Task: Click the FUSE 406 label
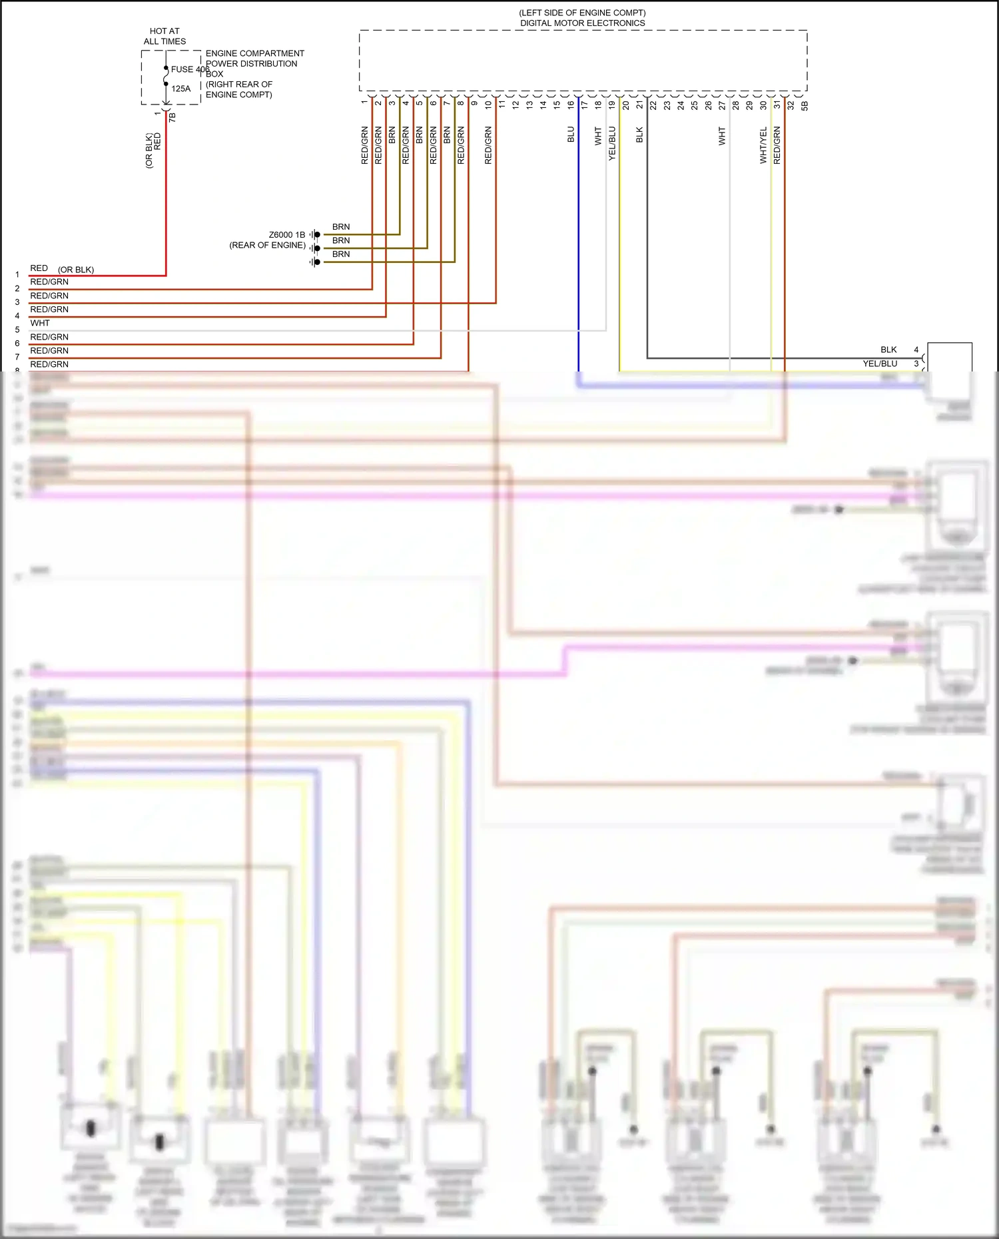pyautogui.click(x=190, y=69)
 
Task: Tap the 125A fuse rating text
pyautogui.click(x=180, y=89)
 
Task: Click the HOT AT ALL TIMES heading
pyautogui.click(x=165, y=36)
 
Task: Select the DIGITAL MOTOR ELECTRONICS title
pyautogui.click(x=582, y=23)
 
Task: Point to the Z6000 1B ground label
pyautogui.click(x=286, y=235)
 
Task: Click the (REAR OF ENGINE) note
pyautogui.click(x=267, y=246)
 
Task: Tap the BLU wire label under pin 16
pyautogui.click(x=571, y=134)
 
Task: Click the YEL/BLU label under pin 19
pyautogui.click(x=612, y=143)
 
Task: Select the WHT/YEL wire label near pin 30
pyautogui.click(x=763, y=145)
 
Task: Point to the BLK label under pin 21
pyautogui.click(x=639, y=134)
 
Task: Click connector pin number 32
pyautogui.click(x=791, y=105)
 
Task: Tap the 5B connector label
pyautogui.click(x=805, y=105)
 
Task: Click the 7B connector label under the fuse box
pyautogui.click(x=172, y=117)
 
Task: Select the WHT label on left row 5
pyautogui.click(x=40, y=323)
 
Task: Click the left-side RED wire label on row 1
pyautogui.click(x=39, y=268)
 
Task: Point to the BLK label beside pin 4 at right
pyautogui.click(x=888, y=350)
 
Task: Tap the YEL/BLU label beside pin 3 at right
pyautogui.click(x=880, y=364)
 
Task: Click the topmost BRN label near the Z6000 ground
pyautogui.click(x=341, y=227)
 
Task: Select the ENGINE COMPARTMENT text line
pyautogui.click(x=254, y=53)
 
